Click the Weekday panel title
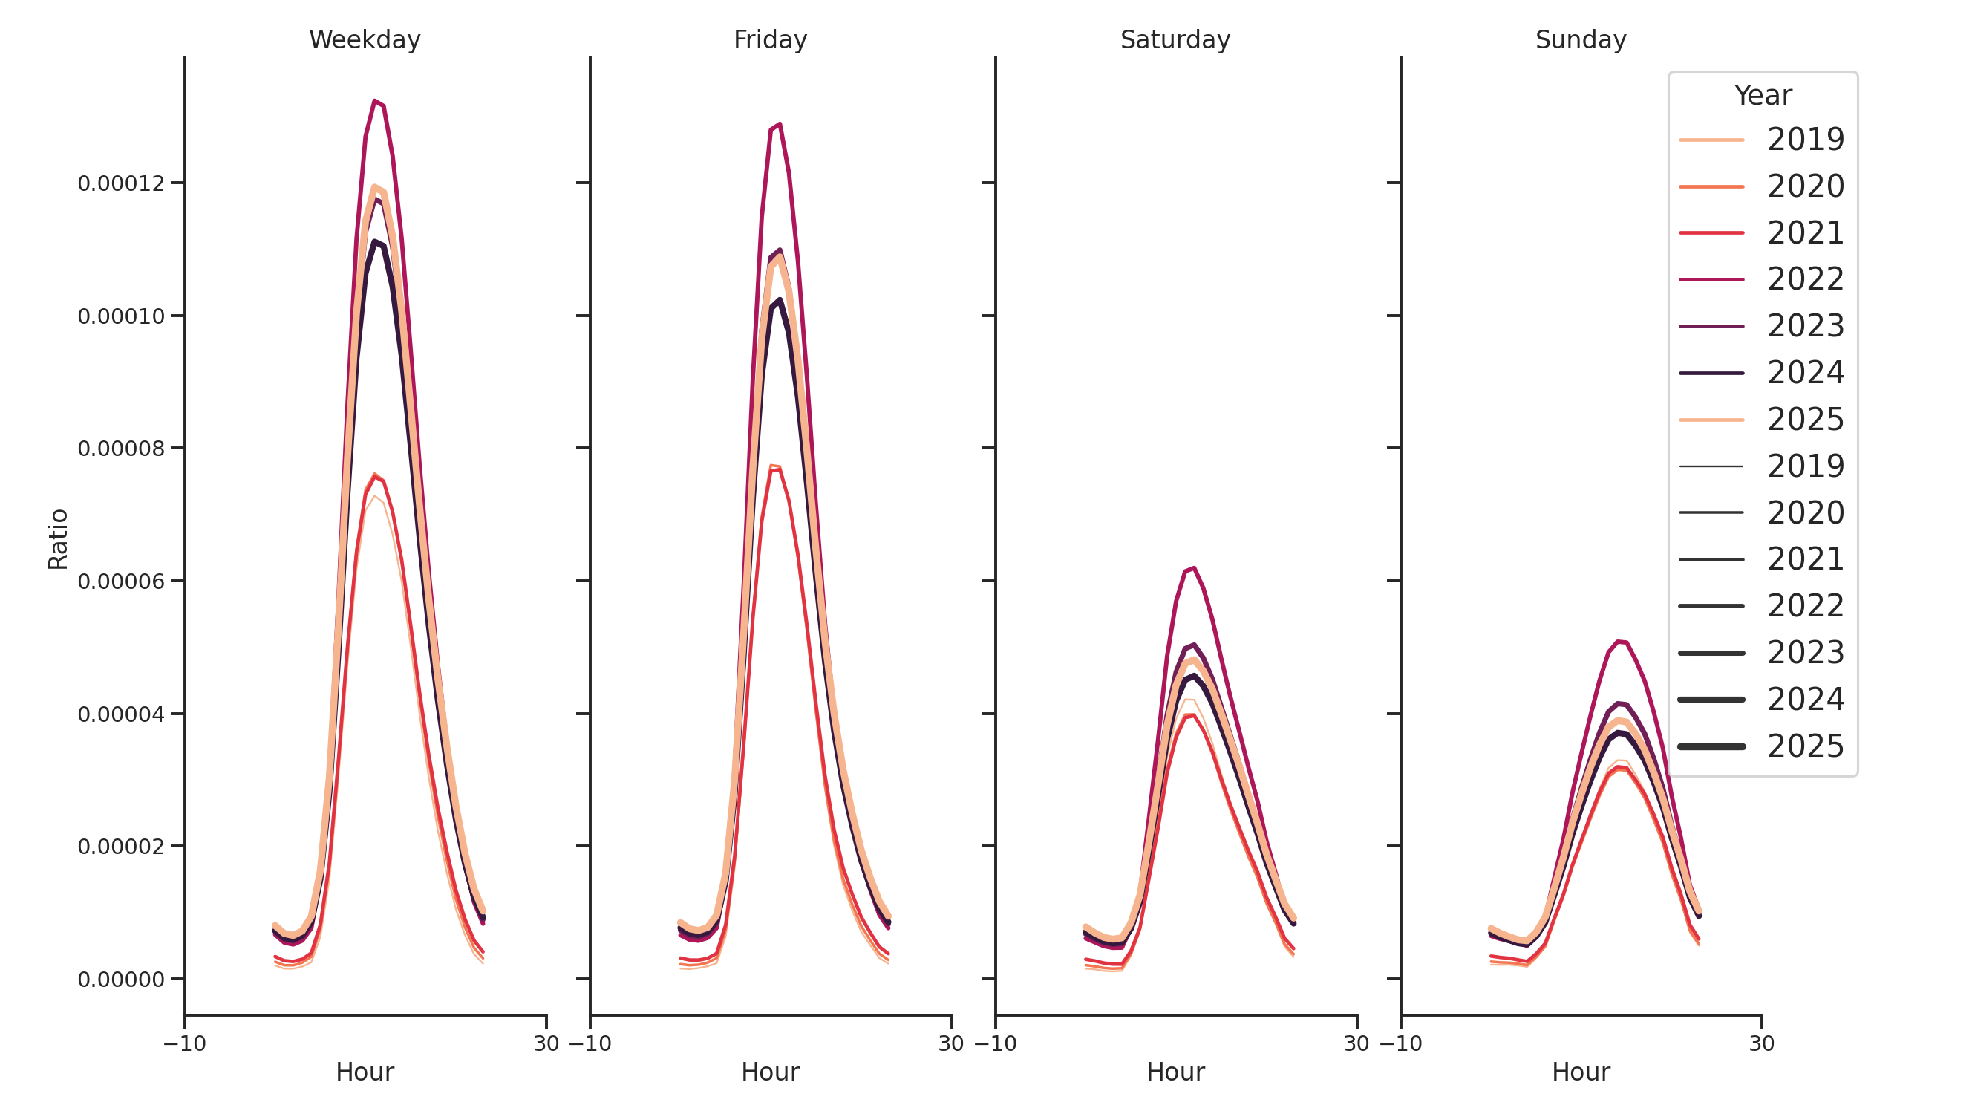coord(365,40)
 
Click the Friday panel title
coord(770,40)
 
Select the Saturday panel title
coord(1175,40)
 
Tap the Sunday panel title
coord(1581,40)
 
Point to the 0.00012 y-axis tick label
coord(121,183)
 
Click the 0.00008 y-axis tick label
coord(121,449)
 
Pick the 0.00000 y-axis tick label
coord(121,980)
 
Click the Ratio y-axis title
coord(58,539)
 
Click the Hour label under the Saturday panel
coord(1175,1072)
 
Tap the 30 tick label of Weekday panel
coord(546,1043)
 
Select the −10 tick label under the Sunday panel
coord(1400,1043)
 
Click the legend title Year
coord(1762,96)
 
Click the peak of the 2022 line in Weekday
coord(374,101)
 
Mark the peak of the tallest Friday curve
coord(780,124)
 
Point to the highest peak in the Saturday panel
coord(1193,568)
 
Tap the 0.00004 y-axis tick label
coord(121,714)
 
